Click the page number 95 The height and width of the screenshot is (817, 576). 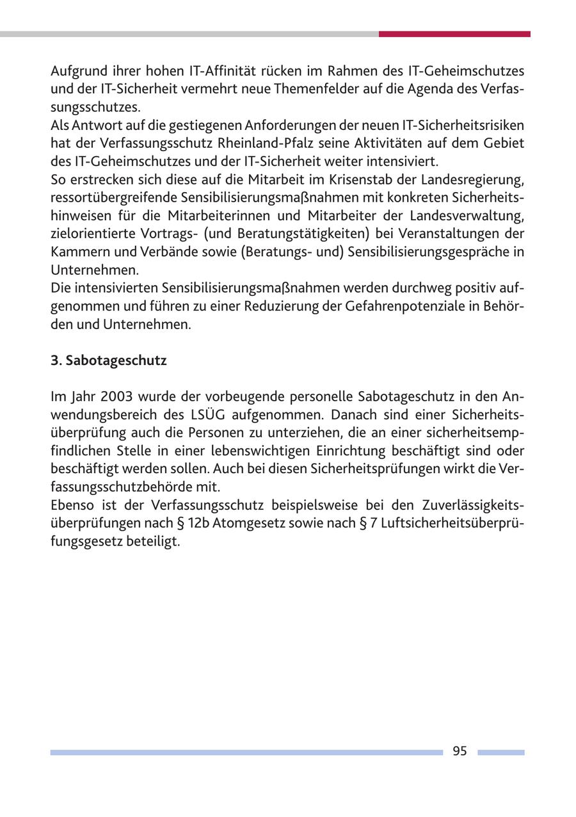coord(460,752)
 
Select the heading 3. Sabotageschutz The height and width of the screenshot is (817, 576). coord(109,360)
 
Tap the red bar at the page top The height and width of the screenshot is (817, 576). coord(454,34)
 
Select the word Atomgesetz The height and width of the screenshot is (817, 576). coord(248,522)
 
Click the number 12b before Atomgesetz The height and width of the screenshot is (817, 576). coord(197,522)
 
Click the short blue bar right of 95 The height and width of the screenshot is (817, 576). coord(500,752)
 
